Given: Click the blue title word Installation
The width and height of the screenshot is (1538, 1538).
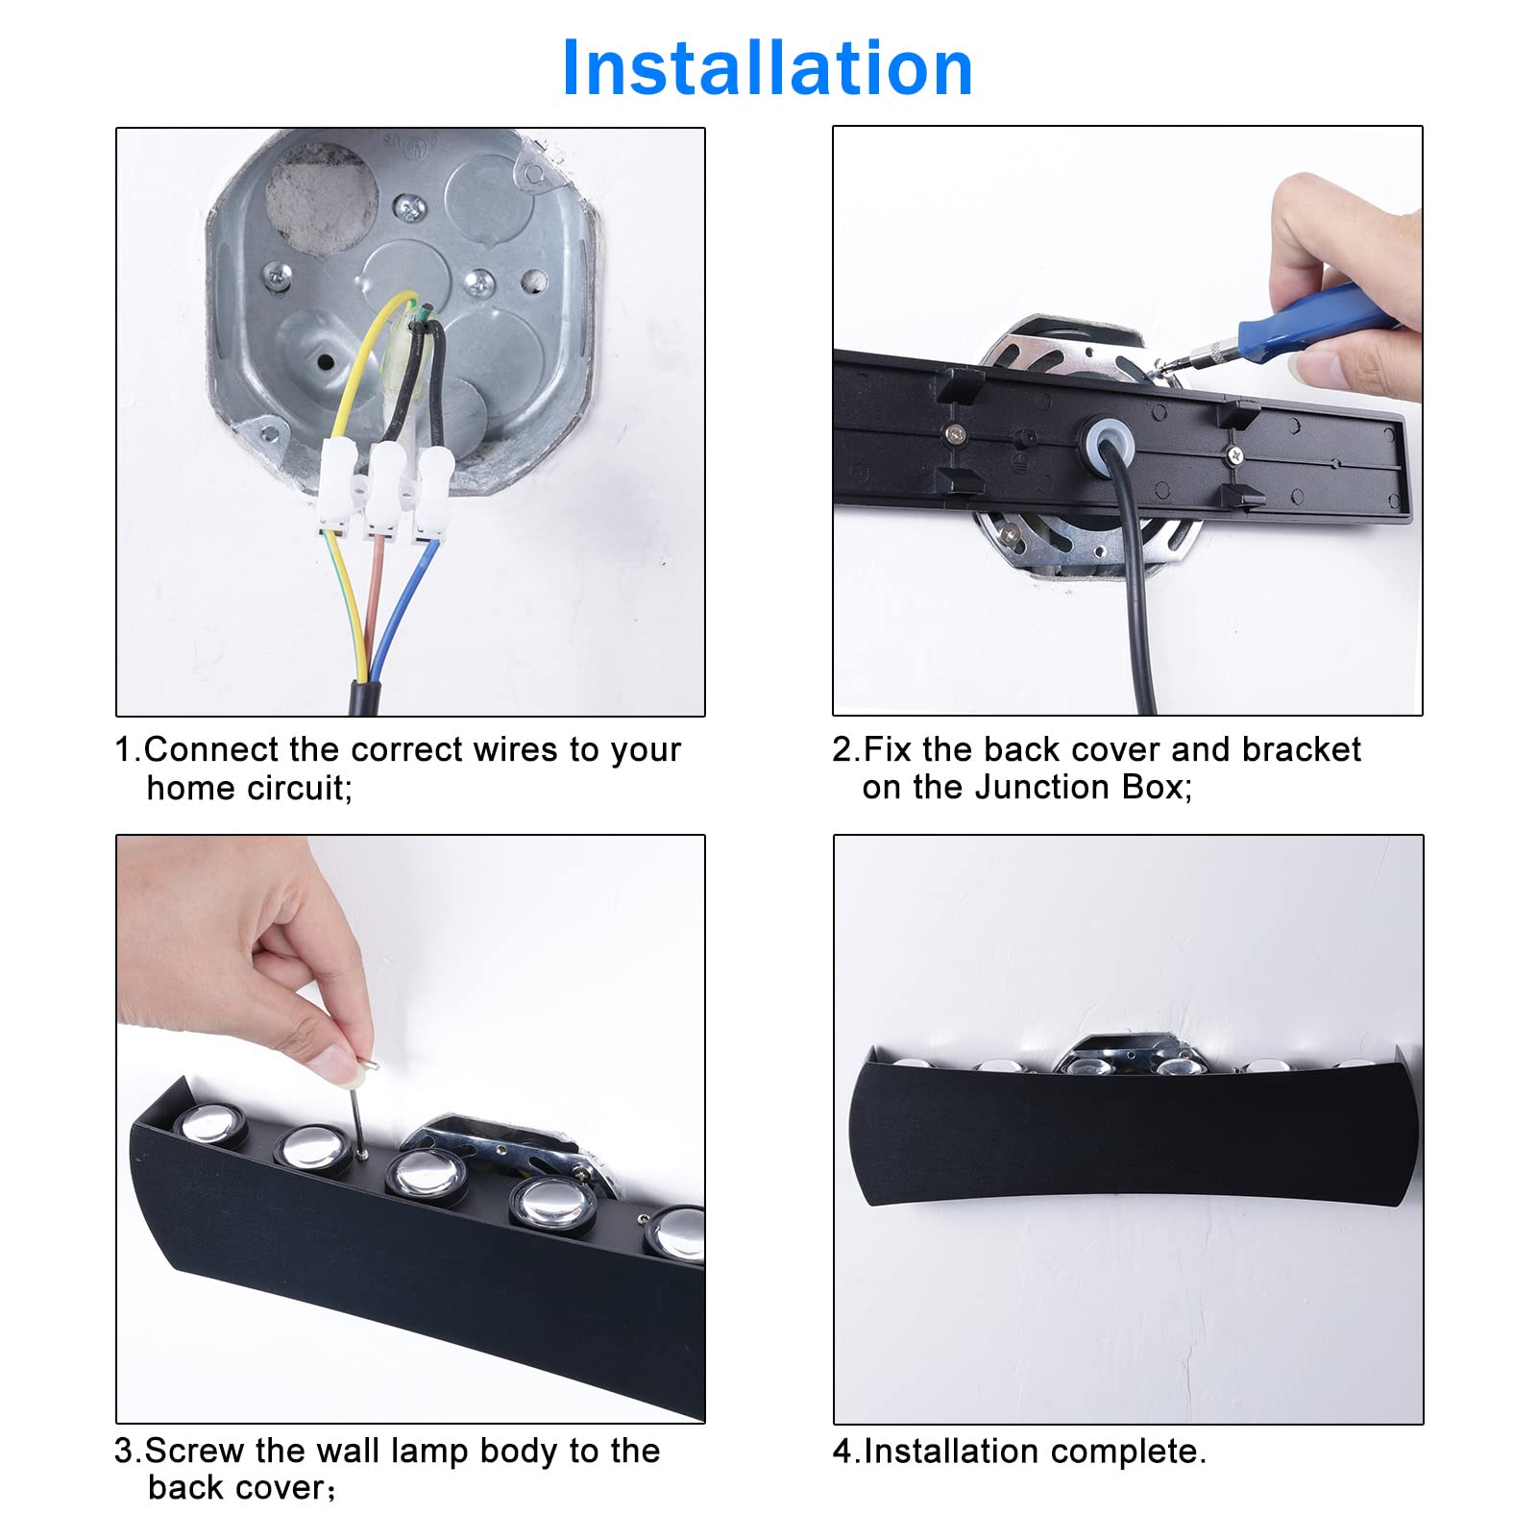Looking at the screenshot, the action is coord(767,69).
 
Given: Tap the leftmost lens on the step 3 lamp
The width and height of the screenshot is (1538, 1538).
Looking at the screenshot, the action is coord(210,1123).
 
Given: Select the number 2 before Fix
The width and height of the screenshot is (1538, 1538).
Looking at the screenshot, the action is coord(842,749).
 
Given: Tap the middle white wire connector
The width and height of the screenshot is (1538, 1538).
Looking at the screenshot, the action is coord(385,490).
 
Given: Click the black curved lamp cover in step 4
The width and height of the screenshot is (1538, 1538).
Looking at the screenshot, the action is coord(1130,1135).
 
